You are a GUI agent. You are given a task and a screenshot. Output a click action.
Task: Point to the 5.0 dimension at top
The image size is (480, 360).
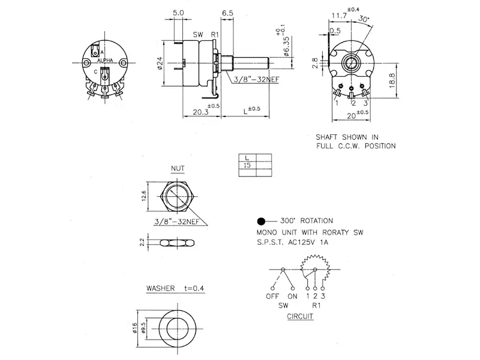(x=178, y=13)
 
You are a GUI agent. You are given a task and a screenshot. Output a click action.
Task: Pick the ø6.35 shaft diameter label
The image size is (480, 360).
(x=287, y=47)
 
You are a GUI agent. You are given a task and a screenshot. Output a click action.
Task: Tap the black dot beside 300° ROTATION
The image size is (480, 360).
(x=261, y=221)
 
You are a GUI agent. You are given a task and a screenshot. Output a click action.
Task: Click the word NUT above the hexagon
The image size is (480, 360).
(x=177, y=169)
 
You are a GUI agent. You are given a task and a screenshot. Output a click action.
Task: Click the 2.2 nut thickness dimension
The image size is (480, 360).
(x=142, y=242)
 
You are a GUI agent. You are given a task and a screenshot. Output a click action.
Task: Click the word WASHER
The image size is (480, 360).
(x=161, y=289)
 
